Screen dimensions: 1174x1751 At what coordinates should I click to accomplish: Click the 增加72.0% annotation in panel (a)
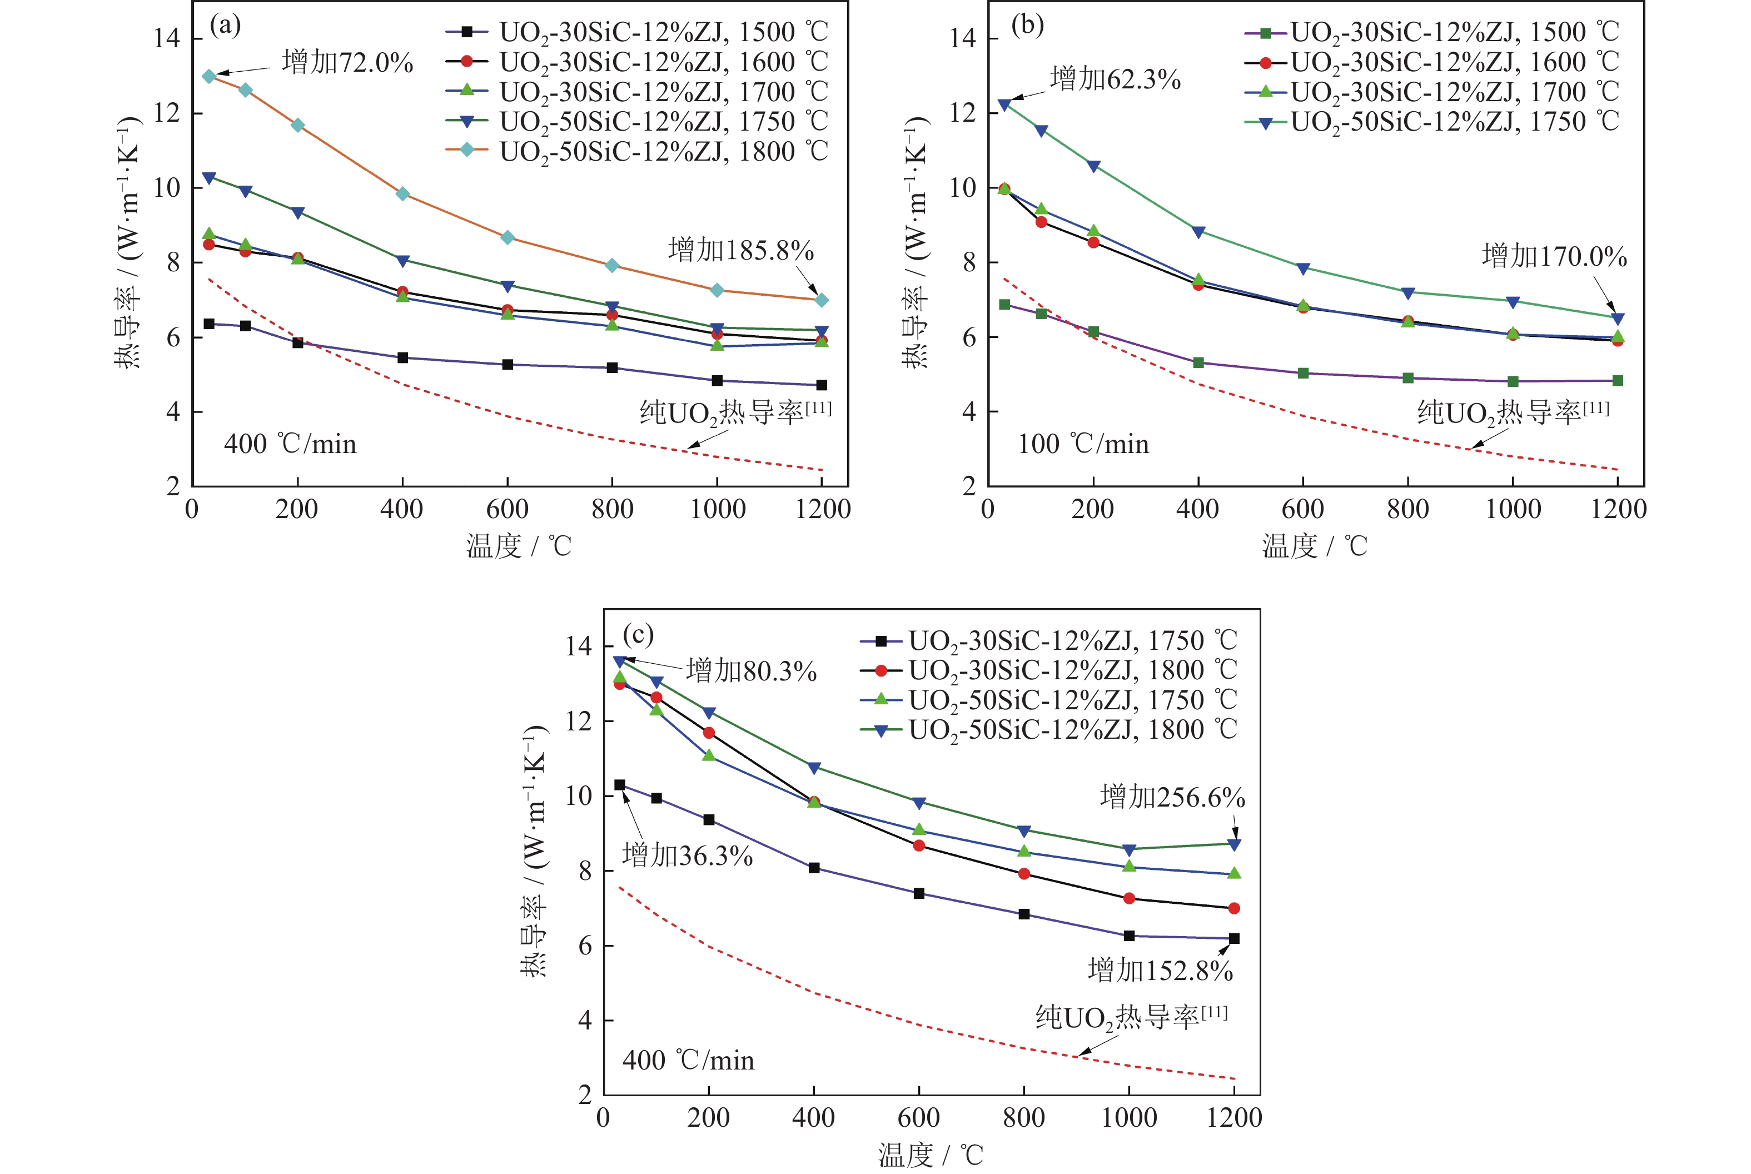coord(347,62)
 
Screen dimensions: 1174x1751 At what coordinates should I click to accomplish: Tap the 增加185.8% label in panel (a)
coord(740,250)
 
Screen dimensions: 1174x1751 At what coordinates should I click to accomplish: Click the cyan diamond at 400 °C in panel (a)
coord(403,194)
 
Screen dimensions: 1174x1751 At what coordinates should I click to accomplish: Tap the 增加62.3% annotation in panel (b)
coord(1115,78)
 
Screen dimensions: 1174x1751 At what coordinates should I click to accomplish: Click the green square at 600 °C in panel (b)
coord(1304,373)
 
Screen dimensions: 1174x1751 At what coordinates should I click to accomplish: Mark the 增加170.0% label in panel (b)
coord(1554,257)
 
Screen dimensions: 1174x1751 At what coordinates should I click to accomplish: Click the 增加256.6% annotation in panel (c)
coord(1172,797)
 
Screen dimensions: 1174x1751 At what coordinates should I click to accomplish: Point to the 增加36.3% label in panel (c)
coord(687,855)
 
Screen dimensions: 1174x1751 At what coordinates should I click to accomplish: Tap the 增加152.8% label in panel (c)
coord(1160,971)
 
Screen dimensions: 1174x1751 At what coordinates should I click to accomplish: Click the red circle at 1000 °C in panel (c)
coord(1129,898)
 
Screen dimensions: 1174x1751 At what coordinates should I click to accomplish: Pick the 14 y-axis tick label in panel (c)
coord(579,646)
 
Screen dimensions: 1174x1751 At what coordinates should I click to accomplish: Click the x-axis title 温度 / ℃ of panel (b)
coord(1315,546)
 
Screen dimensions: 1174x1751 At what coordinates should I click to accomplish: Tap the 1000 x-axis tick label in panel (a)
coord(717,510)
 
